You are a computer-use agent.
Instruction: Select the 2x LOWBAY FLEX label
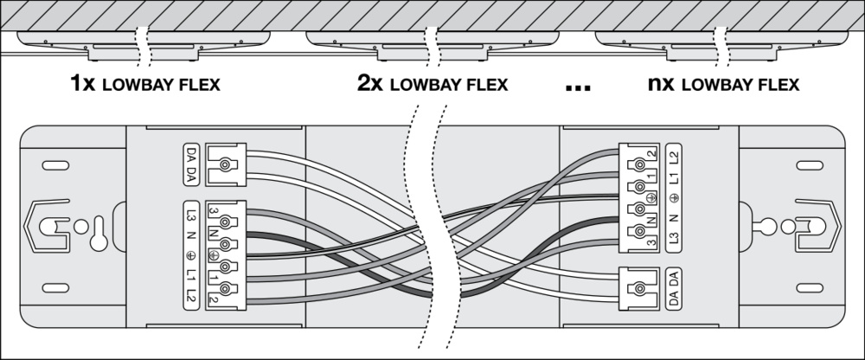click(x=432, y=85)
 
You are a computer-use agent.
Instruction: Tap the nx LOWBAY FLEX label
click(x=722, y=85)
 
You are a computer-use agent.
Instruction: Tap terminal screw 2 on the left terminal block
click(x=227, y=288)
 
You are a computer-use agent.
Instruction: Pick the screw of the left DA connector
click(x=227, y=163)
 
